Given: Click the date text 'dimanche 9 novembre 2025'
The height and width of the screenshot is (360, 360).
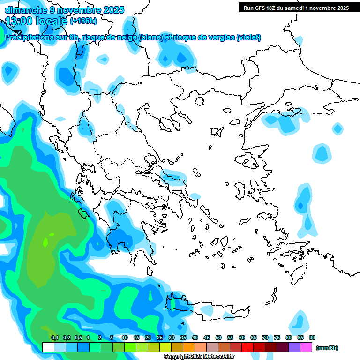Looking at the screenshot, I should click(64, 10).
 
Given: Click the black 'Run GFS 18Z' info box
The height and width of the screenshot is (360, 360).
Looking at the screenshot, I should click(296, 7).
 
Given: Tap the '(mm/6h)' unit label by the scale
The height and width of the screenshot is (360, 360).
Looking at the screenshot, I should click(327, 348).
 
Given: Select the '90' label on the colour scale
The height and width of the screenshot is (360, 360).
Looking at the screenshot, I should click(312, 337).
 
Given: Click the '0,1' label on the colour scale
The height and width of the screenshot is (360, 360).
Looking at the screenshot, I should click(54, 337).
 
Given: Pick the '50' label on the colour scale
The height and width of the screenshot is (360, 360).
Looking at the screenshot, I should click(218, 337).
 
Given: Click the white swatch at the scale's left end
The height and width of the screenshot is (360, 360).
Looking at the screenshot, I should click(48, 347).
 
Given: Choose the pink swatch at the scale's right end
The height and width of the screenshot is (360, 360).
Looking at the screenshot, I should click(306, 347).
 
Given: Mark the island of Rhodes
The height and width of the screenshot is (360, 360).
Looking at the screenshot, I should click(299, 274).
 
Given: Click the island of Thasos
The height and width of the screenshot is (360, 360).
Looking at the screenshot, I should click(199, 101).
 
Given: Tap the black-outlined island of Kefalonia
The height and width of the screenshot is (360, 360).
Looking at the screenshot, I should click(85, 214).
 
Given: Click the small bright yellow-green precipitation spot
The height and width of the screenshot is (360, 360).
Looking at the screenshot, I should click(45, 242).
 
